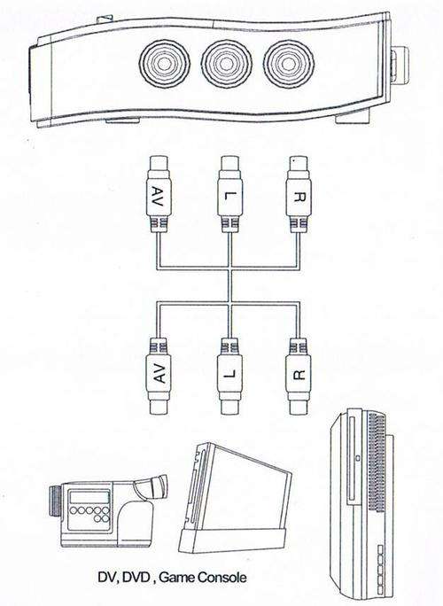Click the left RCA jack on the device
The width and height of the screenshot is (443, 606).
pos(165,64)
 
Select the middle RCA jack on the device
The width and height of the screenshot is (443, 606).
pos(227,64)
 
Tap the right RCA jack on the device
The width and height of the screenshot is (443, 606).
pos(288,64)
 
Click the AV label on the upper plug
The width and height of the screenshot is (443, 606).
pos(159,197)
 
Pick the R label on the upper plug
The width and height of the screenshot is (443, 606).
pos(299,197)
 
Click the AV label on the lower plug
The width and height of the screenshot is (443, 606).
pos(159,372)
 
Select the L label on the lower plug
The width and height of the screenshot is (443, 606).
pos(230,373)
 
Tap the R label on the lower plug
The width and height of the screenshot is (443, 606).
pos(299,374)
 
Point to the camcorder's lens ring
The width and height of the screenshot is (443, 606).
pos(56,501)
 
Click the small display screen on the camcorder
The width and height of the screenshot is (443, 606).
pos(89,497)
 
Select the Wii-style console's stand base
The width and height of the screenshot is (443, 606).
pos(233,540)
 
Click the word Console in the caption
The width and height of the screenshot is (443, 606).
pos(221,578)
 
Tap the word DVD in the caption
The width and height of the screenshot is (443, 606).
pos(136,578)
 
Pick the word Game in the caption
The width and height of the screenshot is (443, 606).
pos(176,578)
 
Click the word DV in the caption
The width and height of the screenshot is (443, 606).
pos(107,578)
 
